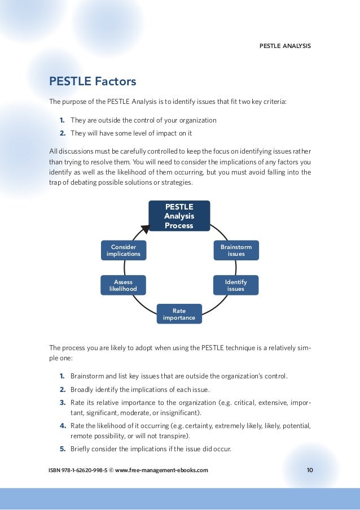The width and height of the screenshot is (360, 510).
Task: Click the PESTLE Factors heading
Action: coord(93,81)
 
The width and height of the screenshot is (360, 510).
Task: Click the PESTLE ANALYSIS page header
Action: coord(284,45)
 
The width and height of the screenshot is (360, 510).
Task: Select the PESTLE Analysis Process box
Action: coord(179,216)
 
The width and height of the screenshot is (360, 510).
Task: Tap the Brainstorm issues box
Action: coord(236,250)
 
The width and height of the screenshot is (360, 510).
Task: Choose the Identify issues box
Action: coord(236,285)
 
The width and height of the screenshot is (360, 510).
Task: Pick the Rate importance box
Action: coord(179,313)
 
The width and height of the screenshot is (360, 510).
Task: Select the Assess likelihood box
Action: coord(123,286)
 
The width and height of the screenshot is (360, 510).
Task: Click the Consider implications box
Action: coord(123,250)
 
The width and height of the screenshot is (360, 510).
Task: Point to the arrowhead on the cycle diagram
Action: coord(145,228)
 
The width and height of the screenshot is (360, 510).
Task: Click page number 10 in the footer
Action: coord(310,470)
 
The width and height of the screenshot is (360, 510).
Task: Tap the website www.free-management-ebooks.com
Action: coord(161,470)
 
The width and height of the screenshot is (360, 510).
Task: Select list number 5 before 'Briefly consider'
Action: coord(62,449)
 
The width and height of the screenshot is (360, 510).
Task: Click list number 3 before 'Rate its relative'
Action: coord(62,403)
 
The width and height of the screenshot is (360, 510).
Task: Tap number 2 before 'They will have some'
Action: coord(62,133)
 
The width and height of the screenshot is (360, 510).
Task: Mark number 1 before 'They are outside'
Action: coord(62,120)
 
